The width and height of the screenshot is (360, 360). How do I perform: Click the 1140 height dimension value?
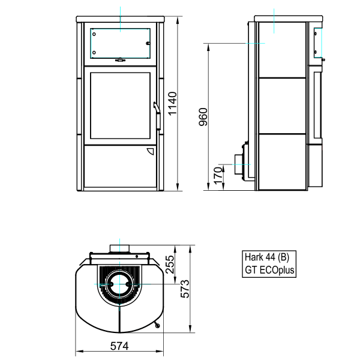tap(172, 103)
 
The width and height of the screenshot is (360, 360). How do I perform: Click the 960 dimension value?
tap(203, 117)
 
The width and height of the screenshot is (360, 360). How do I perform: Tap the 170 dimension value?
tap(218, 176)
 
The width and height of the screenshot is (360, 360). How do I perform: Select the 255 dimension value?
tap(170, 264)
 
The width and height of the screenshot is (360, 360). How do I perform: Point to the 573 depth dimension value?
tap(185, 289)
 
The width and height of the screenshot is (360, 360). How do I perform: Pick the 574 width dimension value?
tap(119, 346)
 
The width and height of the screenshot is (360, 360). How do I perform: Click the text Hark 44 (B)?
tap(267, 257)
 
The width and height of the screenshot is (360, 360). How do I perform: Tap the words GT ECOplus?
tap(269, 270)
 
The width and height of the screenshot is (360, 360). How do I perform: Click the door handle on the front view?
tap(157, 116)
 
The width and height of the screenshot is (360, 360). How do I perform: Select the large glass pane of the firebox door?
tap(121, 106)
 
